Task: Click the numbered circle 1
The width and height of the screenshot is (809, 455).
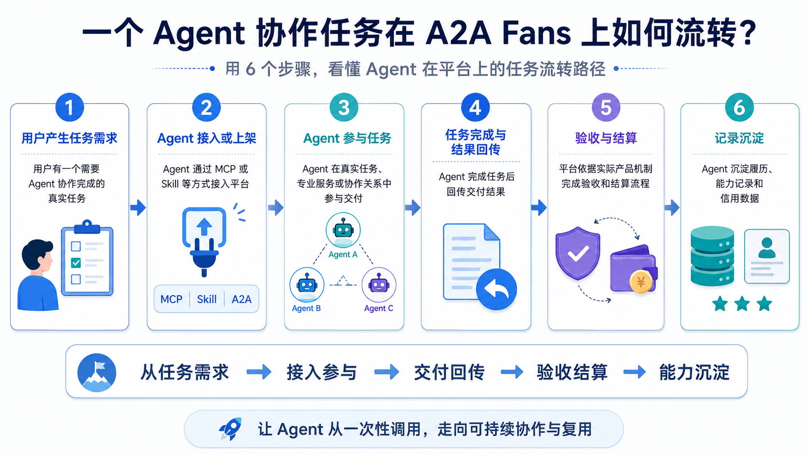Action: point(69,107)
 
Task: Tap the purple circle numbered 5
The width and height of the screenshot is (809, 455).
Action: point(606,107)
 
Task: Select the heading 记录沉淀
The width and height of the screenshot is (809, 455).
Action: point(739,138)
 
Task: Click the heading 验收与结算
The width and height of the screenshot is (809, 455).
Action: point(606,138)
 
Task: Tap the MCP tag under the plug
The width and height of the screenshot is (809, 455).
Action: point(171,299)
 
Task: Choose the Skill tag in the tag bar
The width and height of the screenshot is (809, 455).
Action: point(207,299)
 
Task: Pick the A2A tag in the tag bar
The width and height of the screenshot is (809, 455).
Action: point(241,299)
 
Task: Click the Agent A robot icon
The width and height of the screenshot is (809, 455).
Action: point(343,230)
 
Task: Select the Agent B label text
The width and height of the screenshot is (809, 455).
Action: point(306,308)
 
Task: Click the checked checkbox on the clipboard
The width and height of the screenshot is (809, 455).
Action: point(76,263)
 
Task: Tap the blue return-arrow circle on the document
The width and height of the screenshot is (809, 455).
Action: point(496,289)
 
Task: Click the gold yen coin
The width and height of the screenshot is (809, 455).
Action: point(641,281)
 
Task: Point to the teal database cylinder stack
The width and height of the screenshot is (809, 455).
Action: point(712,256)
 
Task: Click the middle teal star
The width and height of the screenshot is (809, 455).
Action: point(742,304)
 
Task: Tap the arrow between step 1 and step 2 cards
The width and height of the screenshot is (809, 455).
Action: point(138,207)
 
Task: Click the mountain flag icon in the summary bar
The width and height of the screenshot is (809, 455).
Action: point(97,372)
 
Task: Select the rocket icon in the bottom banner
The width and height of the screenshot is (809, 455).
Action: point(230,429)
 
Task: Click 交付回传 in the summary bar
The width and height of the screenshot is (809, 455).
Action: point(449,372)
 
